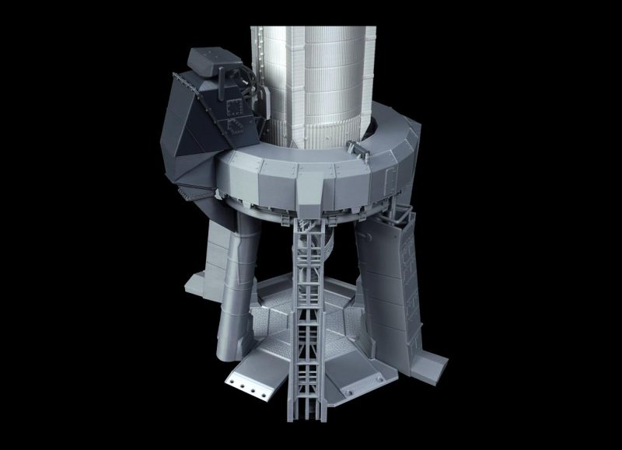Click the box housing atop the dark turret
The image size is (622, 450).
pos(208,59)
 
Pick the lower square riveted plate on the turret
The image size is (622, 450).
pos(233,127)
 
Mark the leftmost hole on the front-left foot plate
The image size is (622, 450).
pos(232,382)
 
